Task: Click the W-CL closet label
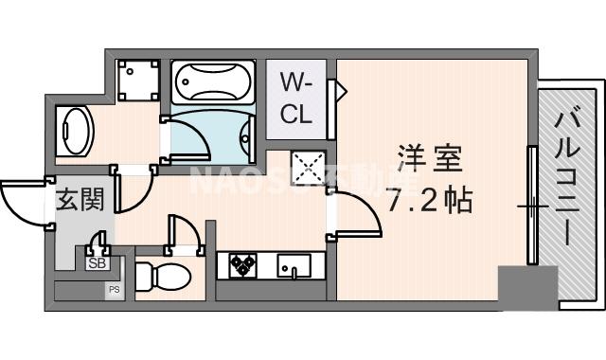[295, 99]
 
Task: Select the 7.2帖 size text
[429, 201]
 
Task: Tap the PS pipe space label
[114, 288]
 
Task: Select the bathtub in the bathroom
[212, 84]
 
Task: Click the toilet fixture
[162, 276]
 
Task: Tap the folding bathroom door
[187, 138]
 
